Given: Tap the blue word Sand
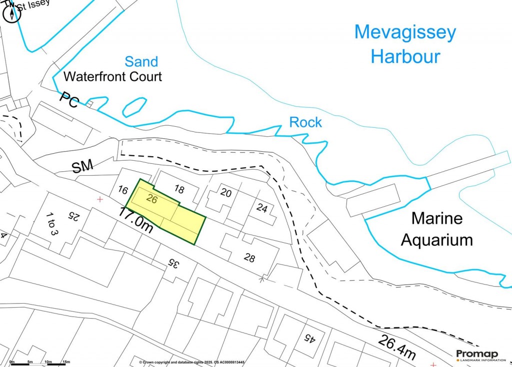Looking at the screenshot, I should (x=141, y=62).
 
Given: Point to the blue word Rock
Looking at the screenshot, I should (x=305, y=122).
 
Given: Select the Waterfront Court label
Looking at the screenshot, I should (x=113, y=77).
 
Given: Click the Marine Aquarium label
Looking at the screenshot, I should (x=437, y=229).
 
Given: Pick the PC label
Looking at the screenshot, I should (x=69, y=100).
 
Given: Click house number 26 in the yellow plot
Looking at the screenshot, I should (x=153, y=198).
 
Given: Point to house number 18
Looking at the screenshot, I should (x=179, y=188).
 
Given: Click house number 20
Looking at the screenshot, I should (x=225, y=193).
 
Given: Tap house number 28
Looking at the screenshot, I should (x=249, y=258).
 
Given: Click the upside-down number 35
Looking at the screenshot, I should (x=173, y=262).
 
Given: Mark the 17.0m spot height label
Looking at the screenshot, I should (x=135, y=221).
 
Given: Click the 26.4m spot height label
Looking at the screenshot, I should (x=396, y=347).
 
